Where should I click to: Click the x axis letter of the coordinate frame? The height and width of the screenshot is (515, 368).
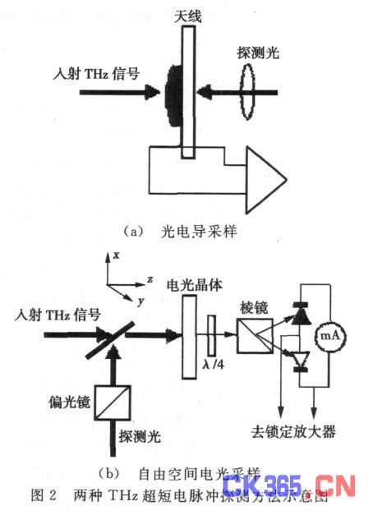click(117, 255)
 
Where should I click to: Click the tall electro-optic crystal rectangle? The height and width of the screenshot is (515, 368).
click(189, 335)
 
